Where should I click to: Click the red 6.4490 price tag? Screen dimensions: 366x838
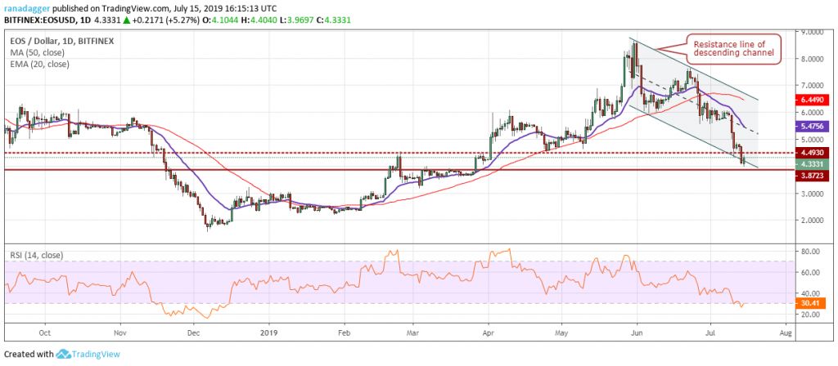coord(813,100)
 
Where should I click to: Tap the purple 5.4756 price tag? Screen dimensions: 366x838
coord(813,127)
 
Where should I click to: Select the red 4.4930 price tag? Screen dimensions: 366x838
coord(813,152)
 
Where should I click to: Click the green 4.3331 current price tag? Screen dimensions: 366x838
coord(813,163)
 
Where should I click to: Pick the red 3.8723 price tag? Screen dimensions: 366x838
coord(813,176)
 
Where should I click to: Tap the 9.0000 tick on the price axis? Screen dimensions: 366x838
coord(812,33)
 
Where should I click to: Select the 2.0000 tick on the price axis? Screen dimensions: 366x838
coord(812,221)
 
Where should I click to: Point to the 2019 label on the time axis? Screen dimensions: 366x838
coord(269,333)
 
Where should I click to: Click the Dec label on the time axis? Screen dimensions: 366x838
coord(194,333)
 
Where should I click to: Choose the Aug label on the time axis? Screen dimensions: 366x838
coord(786,333)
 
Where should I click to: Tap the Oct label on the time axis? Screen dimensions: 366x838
coord(45,333)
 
